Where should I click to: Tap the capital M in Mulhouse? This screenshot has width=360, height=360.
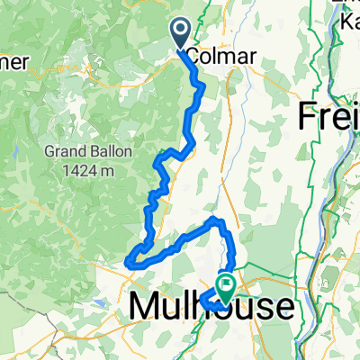tap(146, 308)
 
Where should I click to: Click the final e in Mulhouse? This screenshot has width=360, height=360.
tap(281, 309)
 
